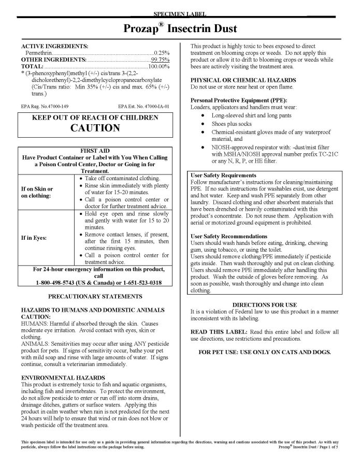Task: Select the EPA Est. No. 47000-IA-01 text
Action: pos(147,105)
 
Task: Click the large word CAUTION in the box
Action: pos(95,127)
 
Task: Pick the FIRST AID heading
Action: pos(95,150)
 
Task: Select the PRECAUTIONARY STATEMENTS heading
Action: pos(95,296)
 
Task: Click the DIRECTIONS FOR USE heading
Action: pos(264,304)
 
